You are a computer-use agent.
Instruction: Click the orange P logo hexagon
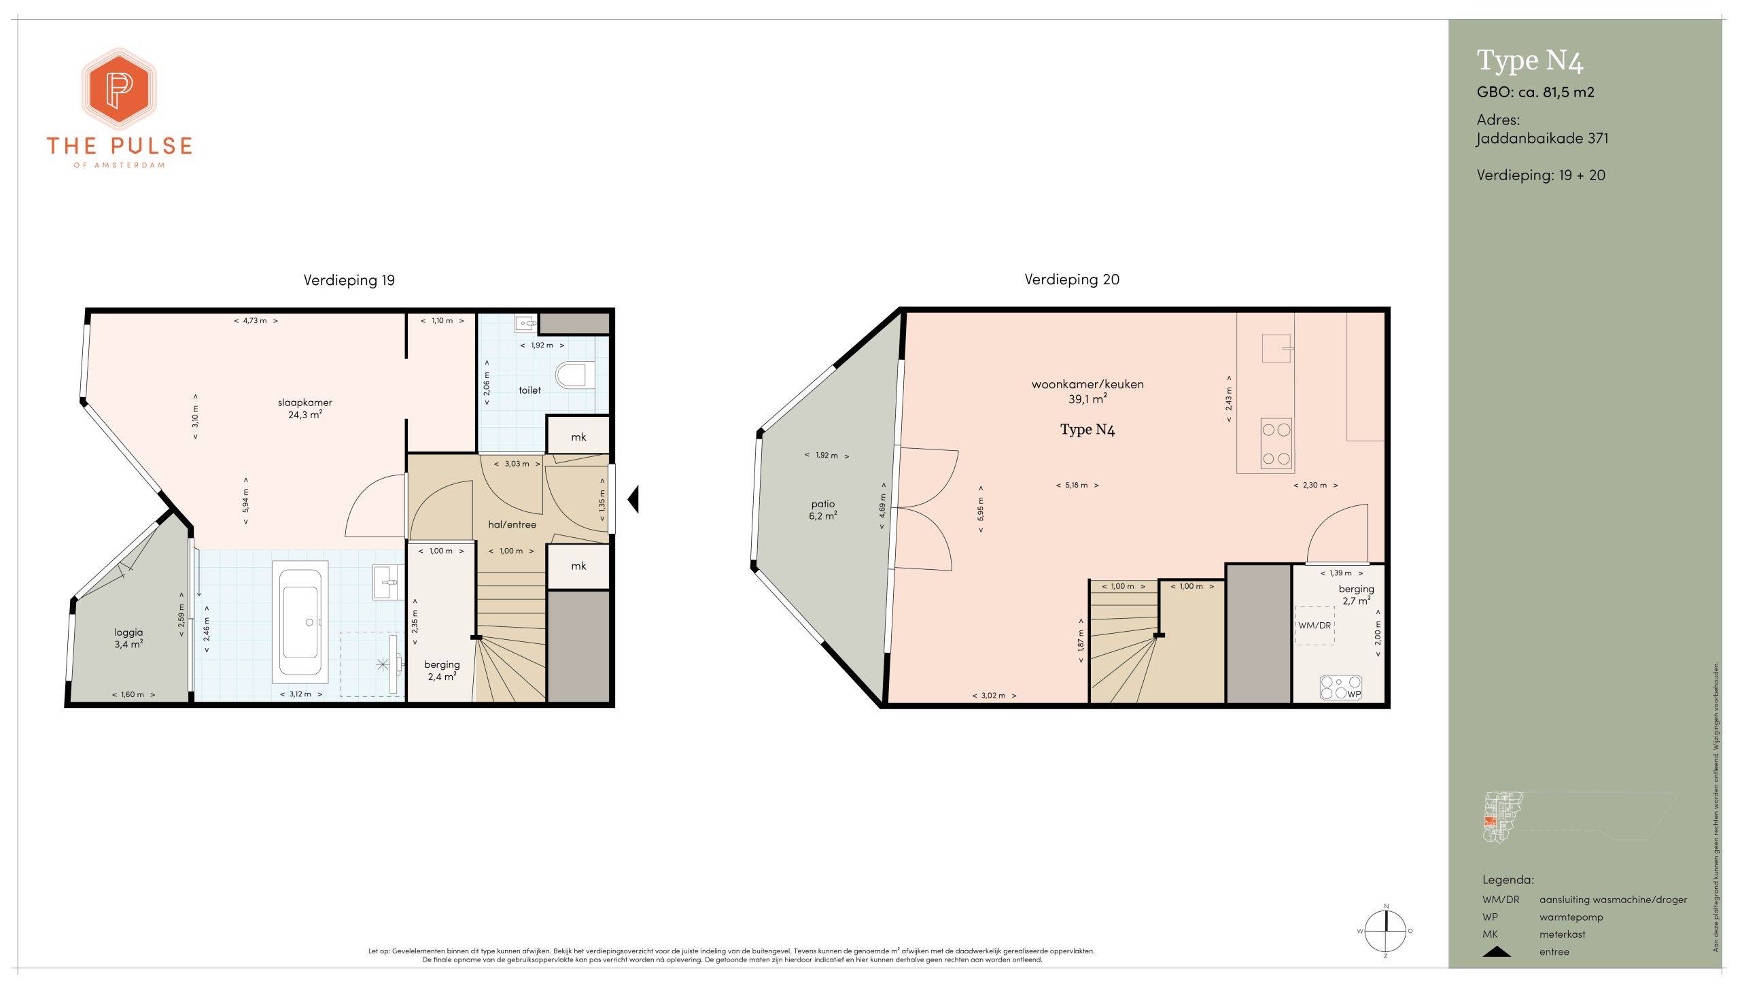120,89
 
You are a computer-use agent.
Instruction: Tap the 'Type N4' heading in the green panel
1530,61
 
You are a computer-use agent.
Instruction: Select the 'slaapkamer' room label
305,403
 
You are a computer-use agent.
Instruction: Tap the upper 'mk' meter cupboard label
578,437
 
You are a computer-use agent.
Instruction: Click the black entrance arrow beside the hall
633,499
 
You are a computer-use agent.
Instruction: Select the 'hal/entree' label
512,524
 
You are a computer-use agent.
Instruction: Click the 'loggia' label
129,632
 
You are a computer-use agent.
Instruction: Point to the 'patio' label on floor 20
823,504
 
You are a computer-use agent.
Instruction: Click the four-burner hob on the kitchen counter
1276,444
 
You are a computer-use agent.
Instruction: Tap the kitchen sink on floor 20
1276,348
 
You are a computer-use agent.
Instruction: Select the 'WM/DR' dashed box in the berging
1315,625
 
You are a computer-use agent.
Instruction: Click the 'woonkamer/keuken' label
1087,384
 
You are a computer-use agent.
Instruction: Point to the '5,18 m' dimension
1077,486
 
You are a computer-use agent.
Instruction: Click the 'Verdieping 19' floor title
349,280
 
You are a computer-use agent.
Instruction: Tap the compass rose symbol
1386,931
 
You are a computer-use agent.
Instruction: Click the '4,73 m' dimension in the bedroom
256,320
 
